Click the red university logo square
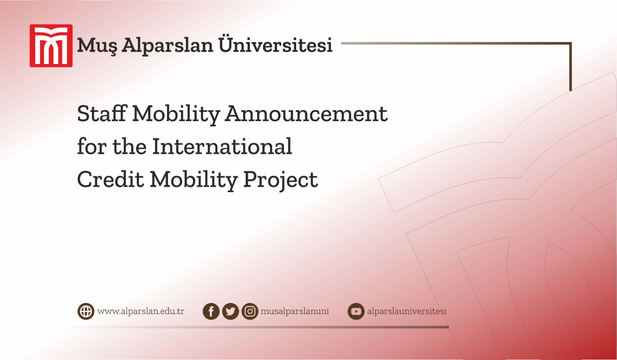click(51, 46)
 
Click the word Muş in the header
click(97, 46)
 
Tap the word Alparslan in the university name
click(167, 46)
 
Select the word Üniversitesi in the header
click(275, 45)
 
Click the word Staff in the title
click(102, 114)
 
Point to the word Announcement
click(307, 114)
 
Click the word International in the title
click(222, 147)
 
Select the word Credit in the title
click(110, 179)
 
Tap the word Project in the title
click(280, 180)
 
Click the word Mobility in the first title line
click(176, 115)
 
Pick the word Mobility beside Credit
click(194, 180)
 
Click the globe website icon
click(86, 311)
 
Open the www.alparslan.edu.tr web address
click(141, 311)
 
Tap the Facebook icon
click(211, 311)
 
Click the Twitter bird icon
click(231, 311)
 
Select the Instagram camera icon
click(250, 311)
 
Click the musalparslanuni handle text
click(295, 311)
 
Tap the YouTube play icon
click(356, 311)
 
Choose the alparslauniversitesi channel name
click(406, 311)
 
